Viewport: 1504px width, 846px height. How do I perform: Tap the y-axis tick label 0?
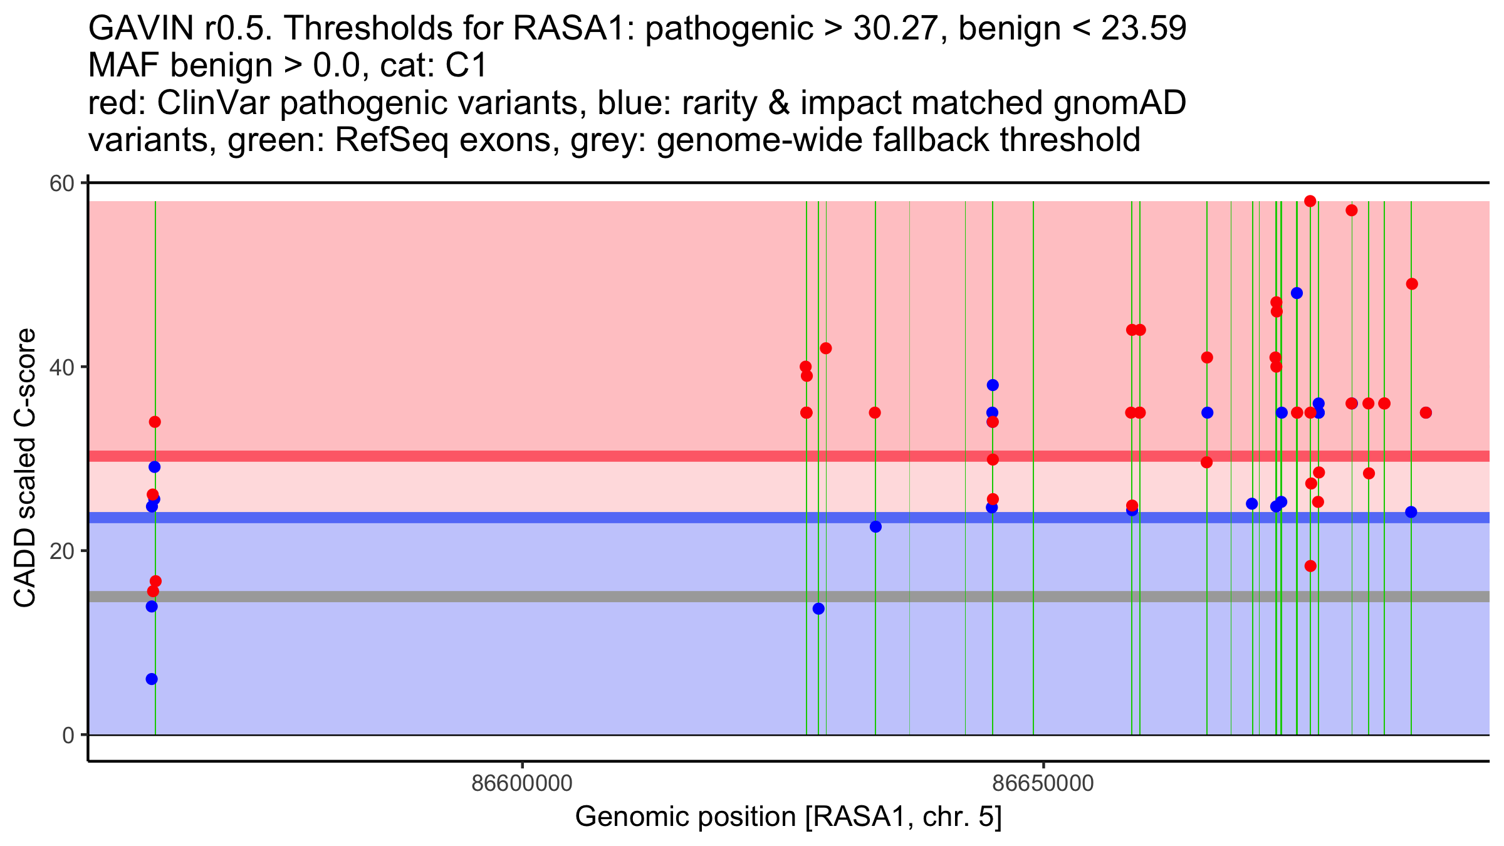(68, 735)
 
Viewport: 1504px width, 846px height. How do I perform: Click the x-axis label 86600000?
(522, 783)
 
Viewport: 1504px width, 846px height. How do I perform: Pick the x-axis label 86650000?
(1043, 783)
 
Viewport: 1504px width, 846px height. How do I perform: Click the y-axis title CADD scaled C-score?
(25, 468)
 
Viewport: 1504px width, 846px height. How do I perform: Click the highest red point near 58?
(1310, 201)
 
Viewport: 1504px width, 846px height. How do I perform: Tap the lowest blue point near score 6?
(152, 679)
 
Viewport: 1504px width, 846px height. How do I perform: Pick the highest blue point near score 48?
(1297, 293)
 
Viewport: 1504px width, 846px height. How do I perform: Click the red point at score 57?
(1351, 211)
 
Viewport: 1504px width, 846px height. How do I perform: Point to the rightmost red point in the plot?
(1426, 412)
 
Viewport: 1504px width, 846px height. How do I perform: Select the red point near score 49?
(1412, 284)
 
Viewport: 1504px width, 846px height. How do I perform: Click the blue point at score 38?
(993, 385)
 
